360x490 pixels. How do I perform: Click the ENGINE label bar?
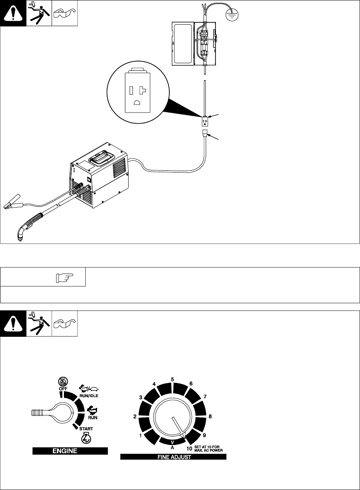coord(70,451)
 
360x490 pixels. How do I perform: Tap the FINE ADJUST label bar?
coord(173,457)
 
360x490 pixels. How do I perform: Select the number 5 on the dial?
coord(172,380)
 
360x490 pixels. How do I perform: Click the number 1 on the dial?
coord(141,435)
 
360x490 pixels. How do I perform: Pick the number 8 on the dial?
coord(210,416)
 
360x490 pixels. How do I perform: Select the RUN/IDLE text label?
coord(89,396)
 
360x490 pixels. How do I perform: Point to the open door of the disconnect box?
coord(183,43)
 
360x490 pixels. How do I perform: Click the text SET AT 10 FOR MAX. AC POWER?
coord(209,449)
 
